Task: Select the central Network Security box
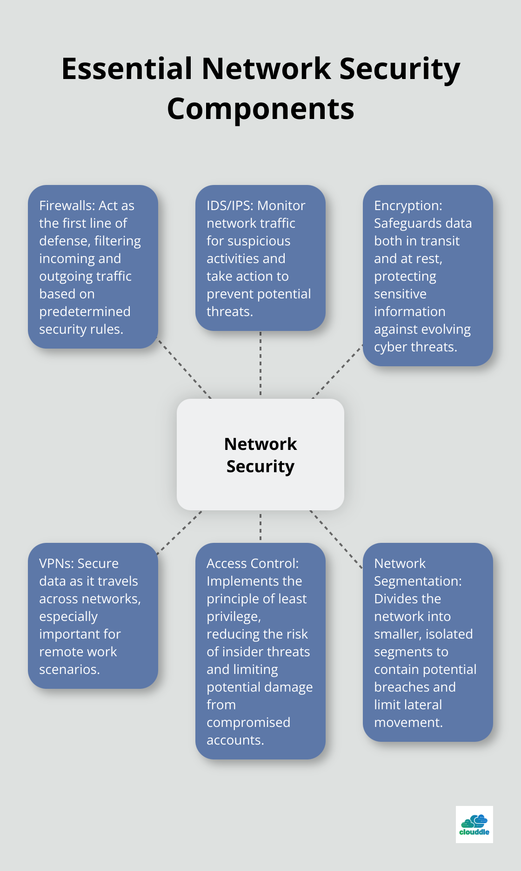pos(260,455)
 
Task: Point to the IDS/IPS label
pos(230,205)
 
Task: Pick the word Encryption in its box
pos(407,205)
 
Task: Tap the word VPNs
pos(55,563)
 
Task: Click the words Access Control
pos(252,563)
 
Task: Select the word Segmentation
pos(417,581)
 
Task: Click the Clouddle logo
pos(474,825)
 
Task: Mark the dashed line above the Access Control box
pos(260,527)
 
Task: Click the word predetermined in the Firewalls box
pos(85,311)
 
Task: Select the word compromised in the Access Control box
pos(248,722)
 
